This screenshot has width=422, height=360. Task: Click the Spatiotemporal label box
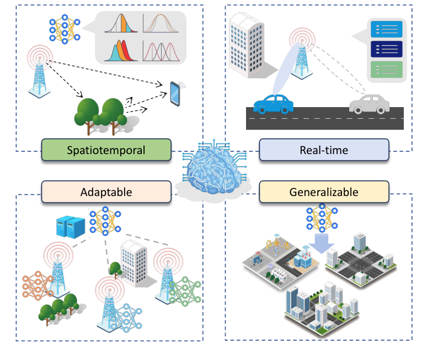click(x=106, y=150)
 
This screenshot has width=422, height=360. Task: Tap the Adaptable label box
click(x=106, y=192)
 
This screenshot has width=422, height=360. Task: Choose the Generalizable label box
click(x=323, y=192)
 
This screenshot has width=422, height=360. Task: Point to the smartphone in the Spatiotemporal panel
click(x=176, y=94)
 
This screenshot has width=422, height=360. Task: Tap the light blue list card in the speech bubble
click(x=387, y=28)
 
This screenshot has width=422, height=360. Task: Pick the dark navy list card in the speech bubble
click(x=387, y=49)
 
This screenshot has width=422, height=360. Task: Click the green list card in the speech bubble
click(x=387, y=69)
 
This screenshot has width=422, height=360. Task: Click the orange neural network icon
click(x=37, y=285)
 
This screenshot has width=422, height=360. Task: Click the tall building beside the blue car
click(x=249, y=44)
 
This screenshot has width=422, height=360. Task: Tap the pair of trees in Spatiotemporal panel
click(x=102, y=114)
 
